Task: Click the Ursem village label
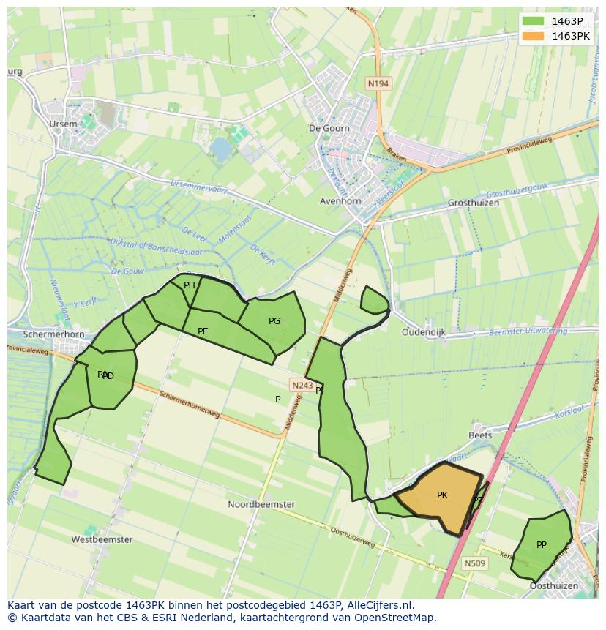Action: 63,124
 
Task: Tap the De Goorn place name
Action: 329,128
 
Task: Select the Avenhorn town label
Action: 340,201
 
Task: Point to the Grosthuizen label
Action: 473,203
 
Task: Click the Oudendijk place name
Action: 424,331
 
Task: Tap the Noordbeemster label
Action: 261,504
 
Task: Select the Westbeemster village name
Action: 102,539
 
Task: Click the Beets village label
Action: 480,435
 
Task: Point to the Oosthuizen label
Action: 553,585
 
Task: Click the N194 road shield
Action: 378,83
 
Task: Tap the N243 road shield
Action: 302,385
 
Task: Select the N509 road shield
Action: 474,563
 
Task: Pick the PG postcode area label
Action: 274,321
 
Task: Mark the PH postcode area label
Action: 190,285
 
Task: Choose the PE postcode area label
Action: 203,331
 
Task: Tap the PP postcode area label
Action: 542,544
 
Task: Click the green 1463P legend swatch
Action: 534,21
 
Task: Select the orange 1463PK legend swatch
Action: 534,36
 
